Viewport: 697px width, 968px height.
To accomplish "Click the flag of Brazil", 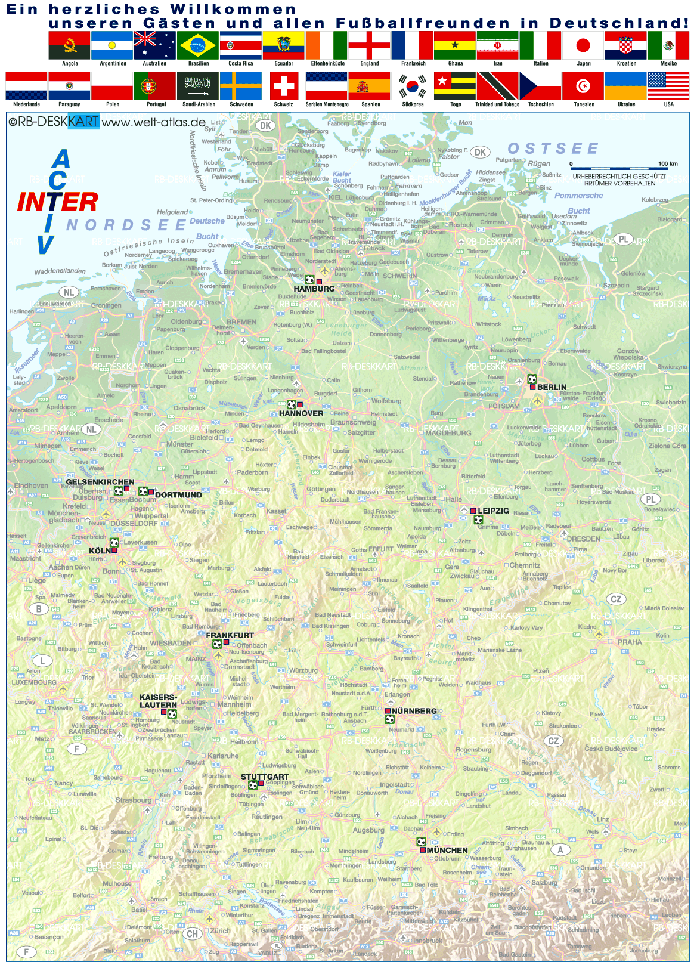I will (x=198, y=45).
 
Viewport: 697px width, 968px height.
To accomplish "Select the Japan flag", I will (x=583, y=45).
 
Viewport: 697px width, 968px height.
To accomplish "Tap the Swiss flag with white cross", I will (x=284, y=86).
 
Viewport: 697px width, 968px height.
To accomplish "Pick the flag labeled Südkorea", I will (x=412, y=86).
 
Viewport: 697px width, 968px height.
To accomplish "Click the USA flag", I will (x=668, y=86).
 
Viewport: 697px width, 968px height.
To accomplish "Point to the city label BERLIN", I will (x=552, y=387).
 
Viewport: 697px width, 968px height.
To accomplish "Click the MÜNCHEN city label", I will (x=447, y=850).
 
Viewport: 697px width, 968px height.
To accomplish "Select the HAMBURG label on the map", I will (x=314, y=289).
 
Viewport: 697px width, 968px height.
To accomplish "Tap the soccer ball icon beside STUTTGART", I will (x=253, y=785).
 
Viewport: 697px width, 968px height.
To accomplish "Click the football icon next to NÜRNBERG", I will (x=389, y=719).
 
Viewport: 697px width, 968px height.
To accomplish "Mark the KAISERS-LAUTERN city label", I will (x=158, y=701).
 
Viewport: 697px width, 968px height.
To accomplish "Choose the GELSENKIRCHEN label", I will (x=100, y=482).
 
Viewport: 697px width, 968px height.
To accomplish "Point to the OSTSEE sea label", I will (x=552, y=149).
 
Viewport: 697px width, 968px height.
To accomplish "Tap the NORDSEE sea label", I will (x=126, y=225).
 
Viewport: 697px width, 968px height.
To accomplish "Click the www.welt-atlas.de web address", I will (x=153, y=122).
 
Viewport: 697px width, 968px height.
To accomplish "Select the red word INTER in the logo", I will (x=57, y=203).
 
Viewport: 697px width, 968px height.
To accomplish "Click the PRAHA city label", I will (x=630, y=642).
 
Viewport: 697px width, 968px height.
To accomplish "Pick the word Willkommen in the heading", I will (x=233, y=9).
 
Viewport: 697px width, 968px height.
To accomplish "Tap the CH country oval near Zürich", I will (x=192, y=934).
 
